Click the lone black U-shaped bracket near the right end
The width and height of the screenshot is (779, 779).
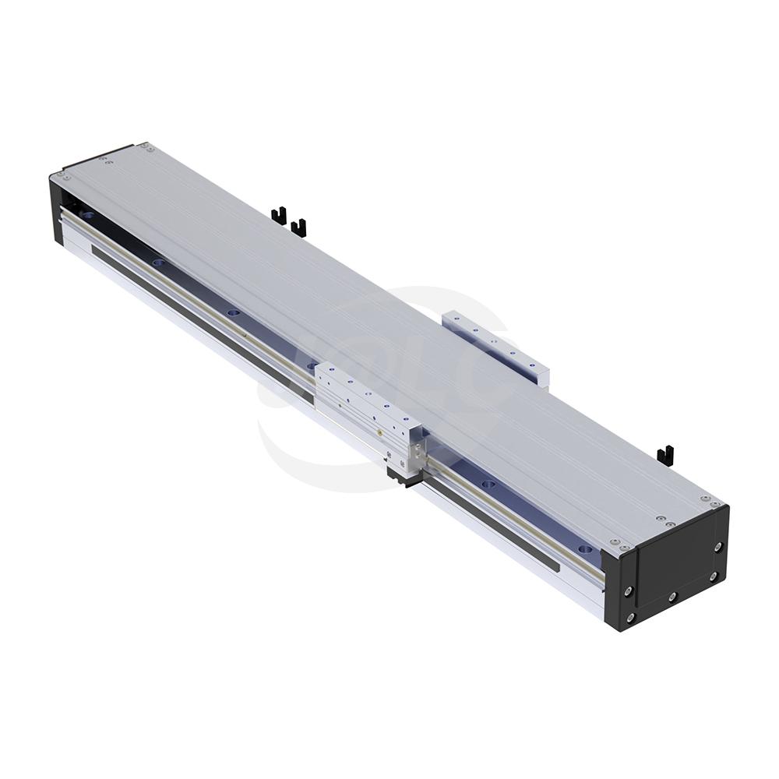[x=664, y=454]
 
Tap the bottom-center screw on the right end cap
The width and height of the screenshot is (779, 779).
[x=671, y=597]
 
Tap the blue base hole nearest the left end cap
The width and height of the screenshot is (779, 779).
[x=87, y=214]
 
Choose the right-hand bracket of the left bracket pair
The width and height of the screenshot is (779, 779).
[x=298, y=227]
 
